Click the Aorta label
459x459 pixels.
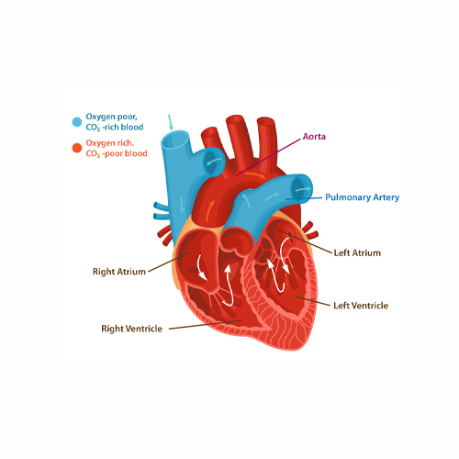point(314,137)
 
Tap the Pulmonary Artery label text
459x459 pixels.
point(362,197)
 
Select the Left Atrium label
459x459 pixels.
point(357,252)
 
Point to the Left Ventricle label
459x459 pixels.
point(361,306)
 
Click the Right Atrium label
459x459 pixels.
point(119,272)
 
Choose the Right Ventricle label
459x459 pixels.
point(131,329)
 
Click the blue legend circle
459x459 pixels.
point(77,122)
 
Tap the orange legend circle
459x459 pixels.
point(77,148)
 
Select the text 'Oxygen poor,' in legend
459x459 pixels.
point(111,117)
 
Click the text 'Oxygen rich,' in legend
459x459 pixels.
point(109,143)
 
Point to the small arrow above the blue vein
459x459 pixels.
point(170,122)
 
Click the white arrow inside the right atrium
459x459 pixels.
point(201,267)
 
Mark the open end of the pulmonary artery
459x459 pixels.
point(301,188)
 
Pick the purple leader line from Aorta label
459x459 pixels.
point(268,157)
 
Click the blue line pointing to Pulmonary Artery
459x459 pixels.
point(304,198)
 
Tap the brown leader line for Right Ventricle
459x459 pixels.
point(206,325)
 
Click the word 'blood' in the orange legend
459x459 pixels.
point(135,153)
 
